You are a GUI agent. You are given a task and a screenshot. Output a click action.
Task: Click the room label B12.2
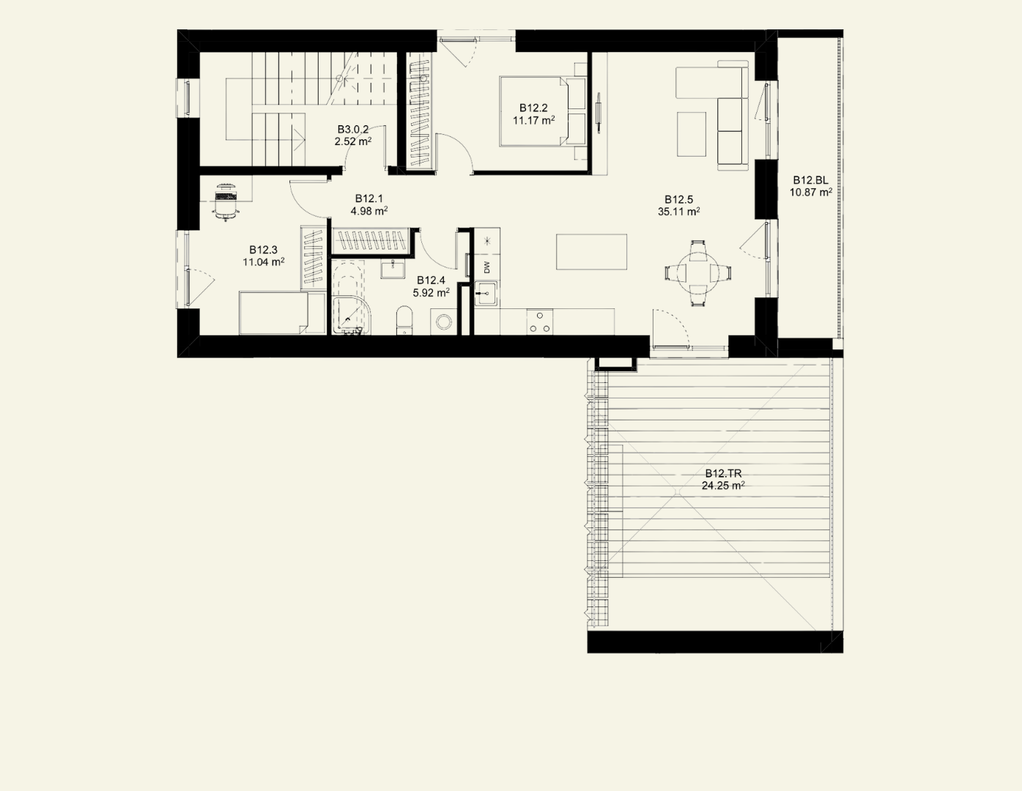coord(533,108)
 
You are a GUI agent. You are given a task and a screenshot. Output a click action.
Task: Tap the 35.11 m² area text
coord(678,212)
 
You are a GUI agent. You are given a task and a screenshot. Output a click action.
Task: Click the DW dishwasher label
coord(486,267)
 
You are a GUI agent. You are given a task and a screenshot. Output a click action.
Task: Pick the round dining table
coord(698,273)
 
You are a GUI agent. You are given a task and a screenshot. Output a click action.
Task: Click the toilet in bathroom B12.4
coord(404,321)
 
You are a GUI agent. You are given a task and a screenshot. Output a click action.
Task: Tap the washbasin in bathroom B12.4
coord(393,270)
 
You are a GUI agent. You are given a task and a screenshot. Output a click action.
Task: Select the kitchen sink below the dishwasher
coord(486,294)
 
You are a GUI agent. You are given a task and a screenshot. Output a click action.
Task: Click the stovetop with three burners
coord(540,322)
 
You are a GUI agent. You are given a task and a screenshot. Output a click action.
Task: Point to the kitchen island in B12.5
coord(591,252)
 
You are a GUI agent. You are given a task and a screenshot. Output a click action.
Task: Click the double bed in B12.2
coord(543,111)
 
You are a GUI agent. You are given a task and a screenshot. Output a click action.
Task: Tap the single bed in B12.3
coord(282,313)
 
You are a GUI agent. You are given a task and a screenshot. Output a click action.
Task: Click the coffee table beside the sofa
coord(692,134)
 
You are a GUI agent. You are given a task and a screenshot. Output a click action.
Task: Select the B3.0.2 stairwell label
coord(352,129)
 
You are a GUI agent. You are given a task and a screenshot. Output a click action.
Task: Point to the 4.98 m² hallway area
coord(369,211)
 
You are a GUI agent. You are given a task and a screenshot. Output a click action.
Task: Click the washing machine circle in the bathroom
coord(443,322)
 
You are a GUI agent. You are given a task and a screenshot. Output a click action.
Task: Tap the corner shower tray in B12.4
coord(352,315)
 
